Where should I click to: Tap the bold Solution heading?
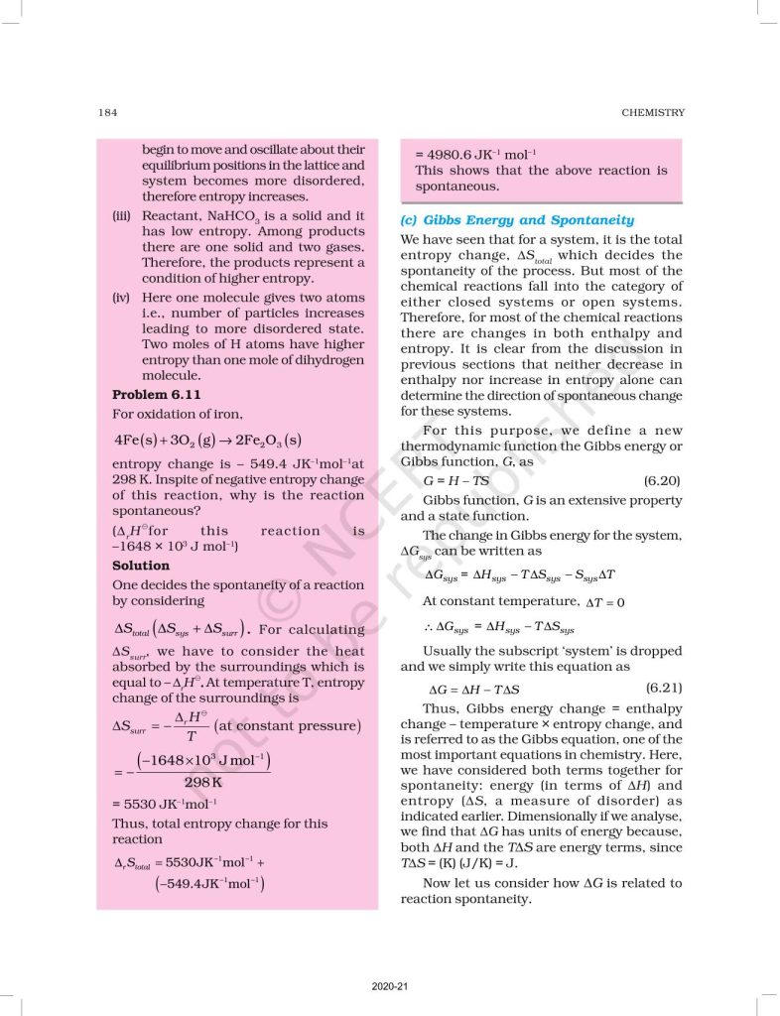click(x=141, y=566)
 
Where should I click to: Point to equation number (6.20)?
click(x=662, y=480)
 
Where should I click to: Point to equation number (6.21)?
click(x=662, y=688)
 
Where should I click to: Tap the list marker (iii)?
click(x=123, y=215)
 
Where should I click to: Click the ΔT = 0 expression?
click(x=604, y=601)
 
